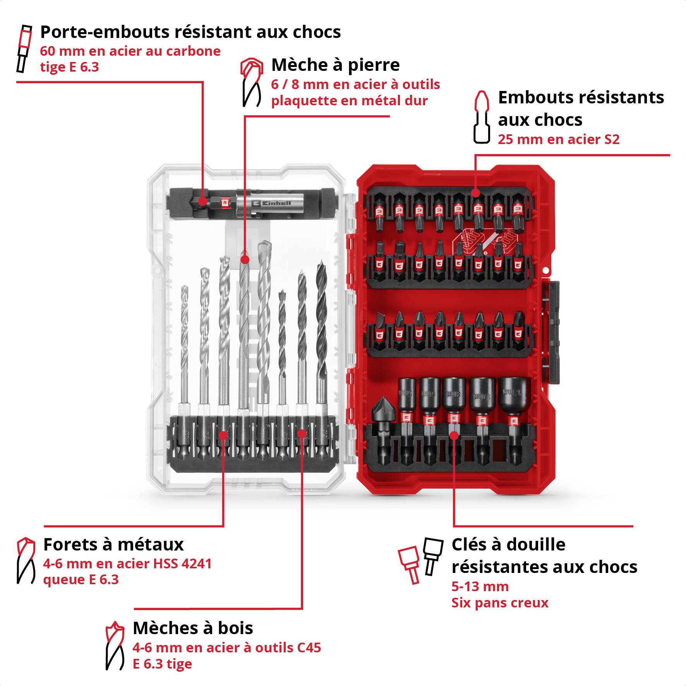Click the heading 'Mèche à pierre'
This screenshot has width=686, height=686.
(x=335, y=65)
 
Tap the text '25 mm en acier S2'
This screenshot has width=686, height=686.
(x=558, y=139)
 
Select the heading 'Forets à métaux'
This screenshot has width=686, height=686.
(x=113, y=544)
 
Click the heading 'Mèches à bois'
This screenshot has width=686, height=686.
(x=192, y=628)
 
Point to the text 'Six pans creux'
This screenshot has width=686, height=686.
(x=500, y=603)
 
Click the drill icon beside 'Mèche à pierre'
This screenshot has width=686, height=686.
(x=251, y=82)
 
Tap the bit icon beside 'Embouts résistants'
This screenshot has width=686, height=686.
(x=481, y=117)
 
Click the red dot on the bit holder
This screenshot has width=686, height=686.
(x=202, y=201)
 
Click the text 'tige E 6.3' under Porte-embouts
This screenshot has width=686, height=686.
(x=69, y=67)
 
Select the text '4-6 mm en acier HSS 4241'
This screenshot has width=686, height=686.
(x=127, y=563)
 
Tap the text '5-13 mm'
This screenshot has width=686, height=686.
(x=480, y=587)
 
